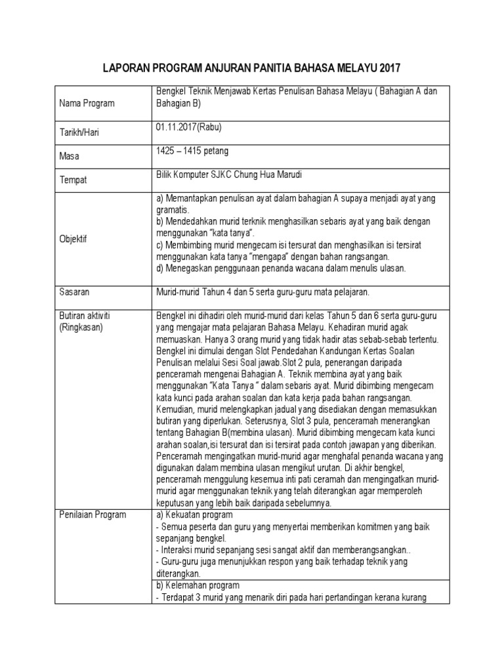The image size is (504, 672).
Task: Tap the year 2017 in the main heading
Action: (x=387, y=68)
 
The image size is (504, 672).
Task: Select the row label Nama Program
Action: (x=87, y=103)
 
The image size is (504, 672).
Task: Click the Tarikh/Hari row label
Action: (x=79, y=132)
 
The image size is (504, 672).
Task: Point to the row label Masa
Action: (x=69, y=156)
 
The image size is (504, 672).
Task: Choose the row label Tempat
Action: (x=73, y=179)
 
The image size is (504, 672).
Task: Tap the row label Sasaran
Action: (x=74, y=291)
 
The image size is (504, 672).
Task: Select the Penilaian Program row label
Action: (x=93, y=514)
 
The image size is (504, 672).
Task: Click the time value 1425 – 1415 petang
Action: (x=192, y=151)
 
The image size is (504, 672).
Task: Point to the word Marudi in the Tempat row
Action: (x=306, y=175)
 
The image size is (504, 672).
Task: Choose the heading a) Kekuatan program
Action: (x=193, y=514)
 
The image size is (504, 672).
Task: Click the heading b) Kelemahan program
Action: (x=198, y=585)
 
